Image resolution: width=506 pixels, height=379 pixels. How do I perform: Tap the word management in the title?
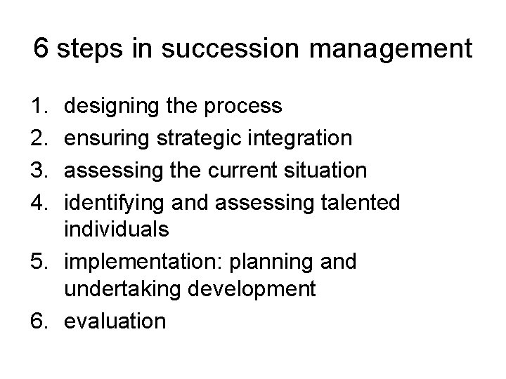click(x=389, y=51)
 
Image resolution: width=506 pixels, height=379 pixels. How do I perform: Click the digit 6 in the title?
click(x=41, y=49)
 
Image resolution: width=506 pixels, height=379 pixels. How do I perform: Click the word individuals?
click(x=117, y=230)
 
